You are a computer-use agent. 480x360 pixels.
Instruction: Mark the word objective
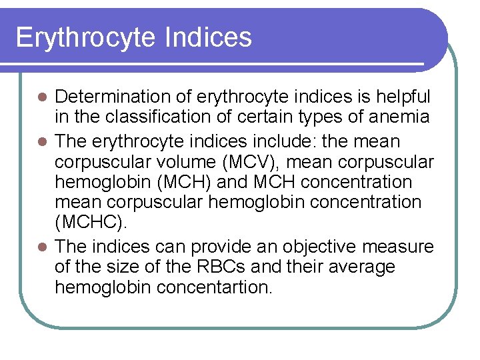point(319,247)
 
